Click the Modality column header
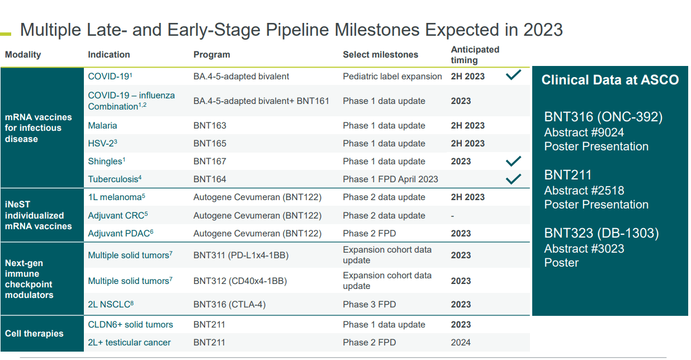point(23,55)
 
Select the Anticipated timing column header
point(475,55)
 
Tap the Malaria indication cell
point(102,126)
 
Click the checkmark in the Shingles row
point(513,162)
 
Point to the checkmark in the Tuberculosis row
point(513,179)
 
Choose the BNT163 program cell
point(210,126)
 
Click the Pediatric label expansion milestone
point(392,77)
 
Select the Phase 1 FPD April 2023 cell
point(390,179)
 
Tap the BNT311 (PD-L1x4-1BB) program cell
point(241,255)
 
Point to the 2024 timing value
point(461,343)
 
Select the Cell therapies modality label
point(34,334)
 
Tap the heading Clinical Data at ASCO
point(610,80)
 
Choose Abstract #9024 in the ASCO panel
point(584,132)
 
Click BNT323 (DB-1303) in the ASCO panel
point(601,233)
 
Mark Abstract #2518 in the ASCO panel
point(584,191)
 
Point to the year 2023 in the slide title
point(542,30)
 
